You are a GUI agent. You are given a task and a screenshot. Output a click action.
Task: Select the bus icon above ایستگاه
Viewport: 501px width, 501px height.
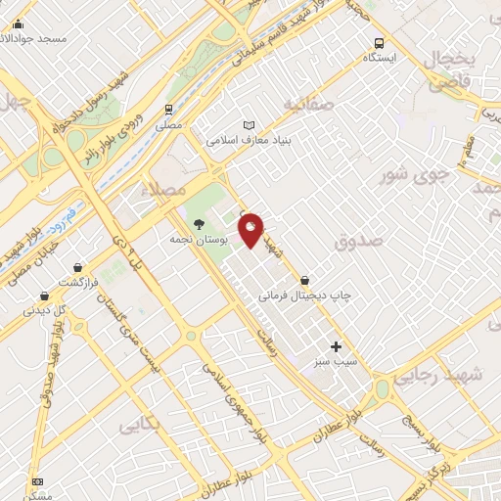(379, 43)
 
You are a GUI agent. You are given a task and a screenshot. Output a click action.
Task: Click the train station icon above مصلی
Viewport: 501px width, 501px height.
(169, 109)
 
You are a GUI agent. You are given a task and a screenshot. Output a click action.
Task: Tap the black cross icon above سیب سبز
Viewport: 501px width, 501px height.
(337, 346)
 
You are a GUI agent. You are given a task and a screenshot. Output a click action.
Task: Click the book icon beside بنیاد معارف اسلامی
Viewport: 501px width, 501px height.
(249, 125)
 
